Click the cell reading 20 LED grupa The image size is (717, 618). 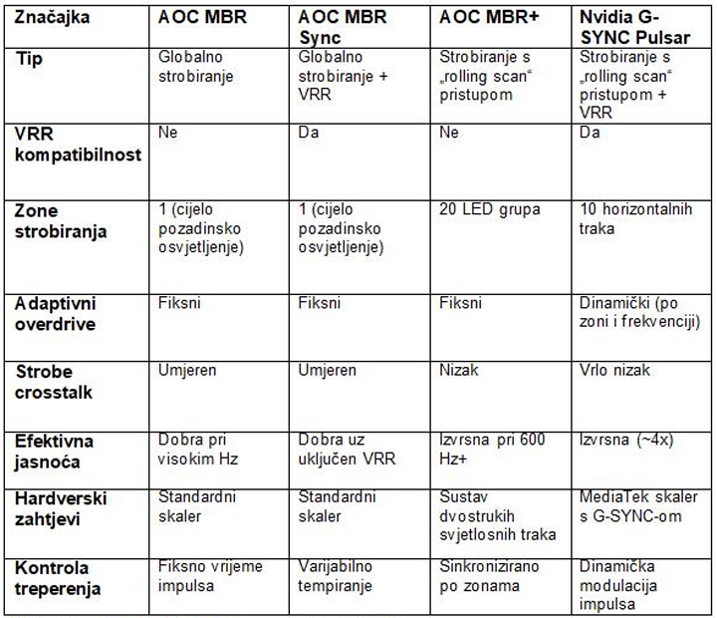pos(490,210)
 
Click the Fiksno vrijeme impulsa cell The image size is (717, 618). pos(210,575)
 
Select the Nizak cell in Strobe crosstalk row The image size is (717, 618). pos(459,370)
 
